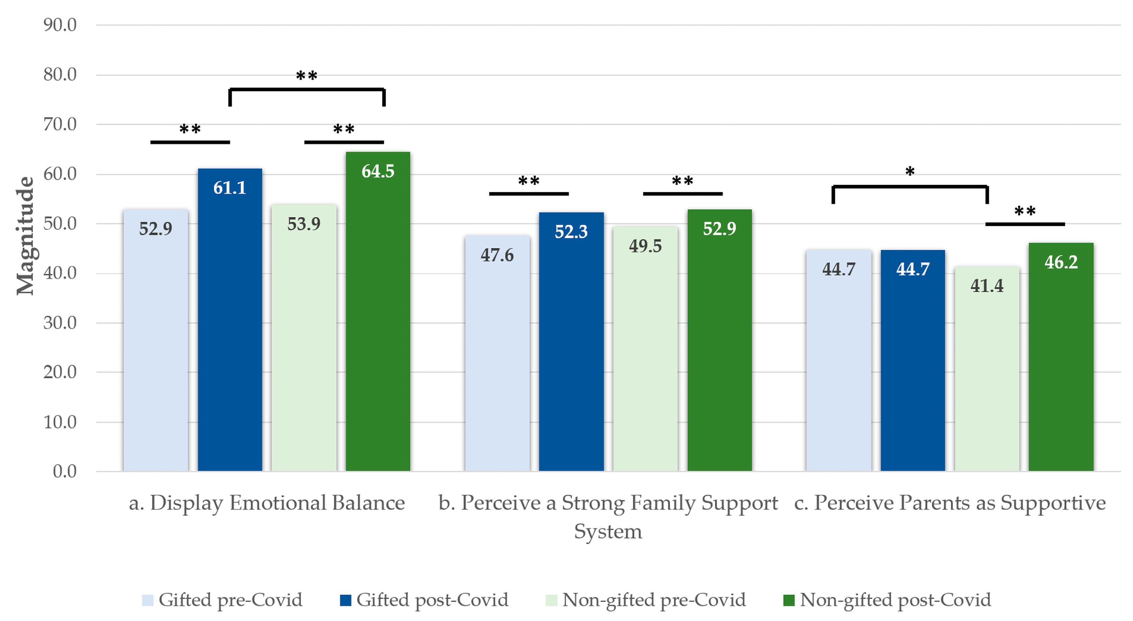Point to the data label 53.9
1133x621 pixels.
[x=304, y=224]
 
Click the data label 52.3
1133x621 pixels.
[x=571, y=231]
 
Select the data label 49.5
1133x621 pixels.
[x=645, y=246]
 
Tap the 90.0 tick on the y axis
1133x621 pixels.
[x=60, y=25]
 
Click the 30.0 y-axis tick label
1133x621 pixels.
[x=60, y=323]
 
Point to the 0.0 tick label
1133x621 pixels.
[x=65, y=472]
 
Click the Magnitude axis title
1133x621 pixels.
[x=25, y=236]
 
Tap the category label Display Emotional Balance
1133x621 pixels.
[x=266, y=503]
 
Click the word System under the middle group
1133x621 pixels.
[x=608, y=531]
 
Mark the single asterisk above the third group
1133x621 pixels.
[x=909, y=171]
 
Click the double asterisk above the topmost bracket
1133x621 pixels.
[x=307, y=76]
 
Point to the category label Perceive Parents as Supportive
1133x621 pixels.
[x=950, y=503]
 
